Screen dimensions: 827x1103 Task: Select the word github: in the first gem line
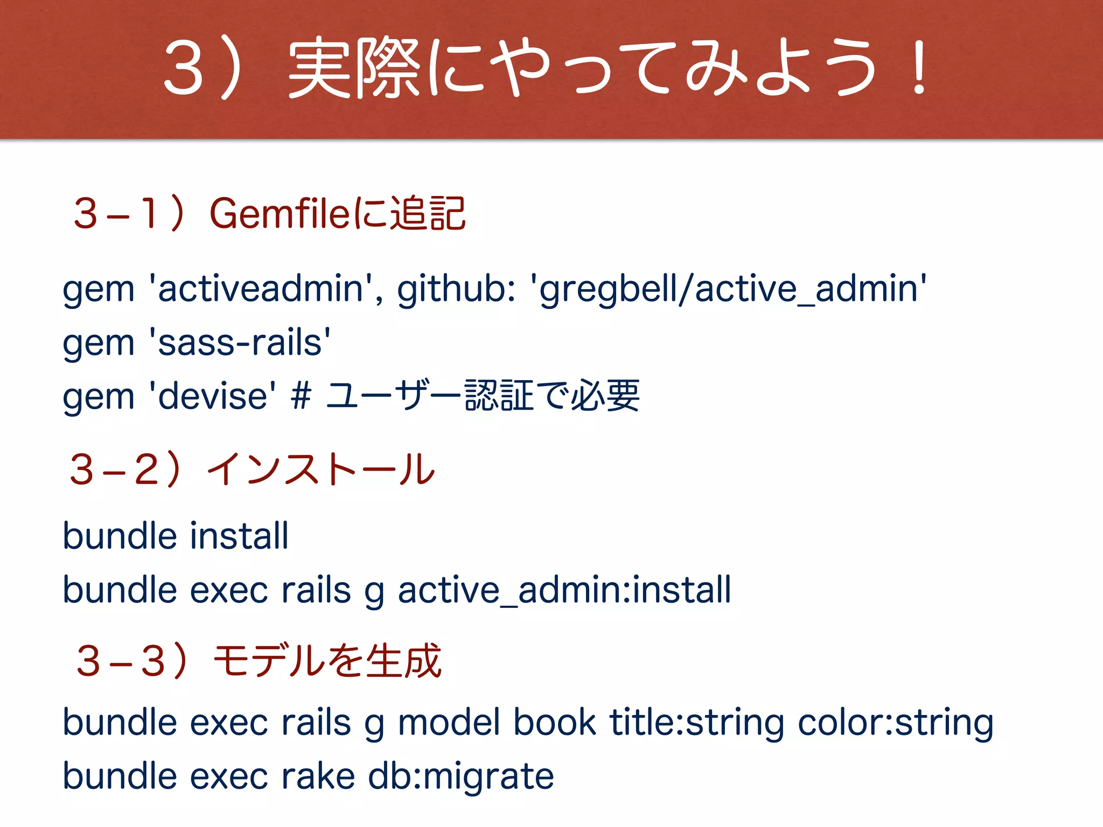click(457, 290)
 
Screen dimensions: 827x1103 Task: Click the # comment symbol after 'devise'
click(301, 397)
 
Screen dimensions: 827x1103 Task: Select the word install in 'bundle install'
click(239, 536)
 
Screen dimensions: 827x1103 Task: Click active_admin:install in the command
click(564, 590)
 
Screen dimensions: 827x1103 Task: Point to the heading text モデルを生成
click(327, 661)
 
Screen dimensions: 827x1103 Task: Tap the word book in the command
click(554, 723)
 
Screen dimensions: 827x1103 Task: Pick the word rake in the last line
click(318, 776)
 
